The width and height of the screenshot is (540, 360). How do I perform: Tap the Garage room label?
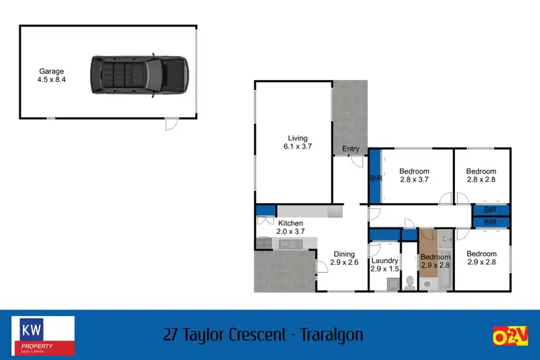tap(52, 76)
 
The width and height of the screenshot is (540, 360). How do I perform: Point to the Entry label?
tap(351, 149)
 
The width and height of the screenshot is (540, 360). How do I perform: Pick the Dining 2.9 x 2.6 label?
tap(344, 258)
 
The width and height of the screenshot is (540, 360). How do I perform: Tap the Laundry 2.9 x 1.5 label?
tap(384, 265)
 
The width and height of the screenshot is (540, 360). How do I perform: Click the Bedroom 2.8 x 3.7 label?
tap(415, 176)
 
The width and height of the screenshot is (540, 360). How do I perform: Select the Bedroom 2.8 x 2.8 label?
tap(481, 176)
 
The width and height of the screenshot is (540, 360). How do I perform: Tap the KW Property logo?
tap(43, 336)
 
